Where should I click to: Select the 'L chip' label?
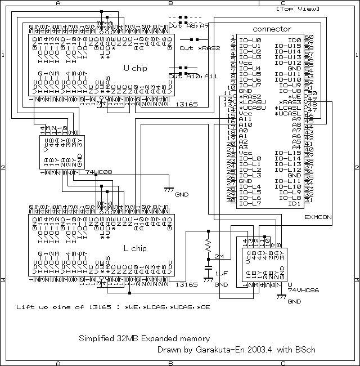pyautogui.click(x=135, y=248)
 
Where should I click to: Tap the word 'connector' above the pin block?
pyautogui.click(x=272, y=29)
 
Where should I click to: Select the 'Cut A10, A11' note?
pyautogui.click(x=192, y=76)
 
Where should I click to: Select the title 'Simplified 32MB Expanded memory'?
pyautogui.click(x=144, y=338)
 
